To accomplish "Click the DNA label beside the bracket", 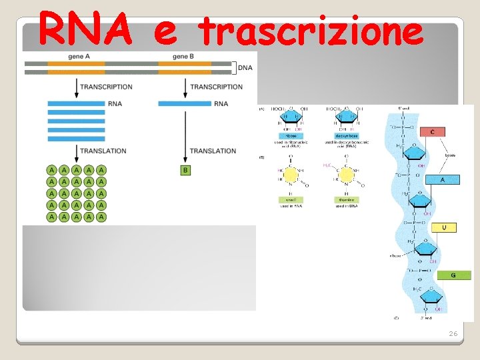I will tap(245, 67).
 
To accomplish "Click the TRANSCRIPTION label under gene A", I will tap(106, 87).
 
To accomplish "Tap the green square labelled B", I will tap(185, 171).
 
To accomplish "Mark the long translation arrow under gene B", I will tap(185, 137).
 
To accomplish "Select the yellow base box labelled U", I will tap(445, 227).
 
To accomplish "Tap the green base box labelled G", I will tap(453, 275).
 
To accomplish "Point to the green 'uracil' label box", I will tap(291, 199).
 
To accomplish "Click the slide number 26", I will tap(453, 333).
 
